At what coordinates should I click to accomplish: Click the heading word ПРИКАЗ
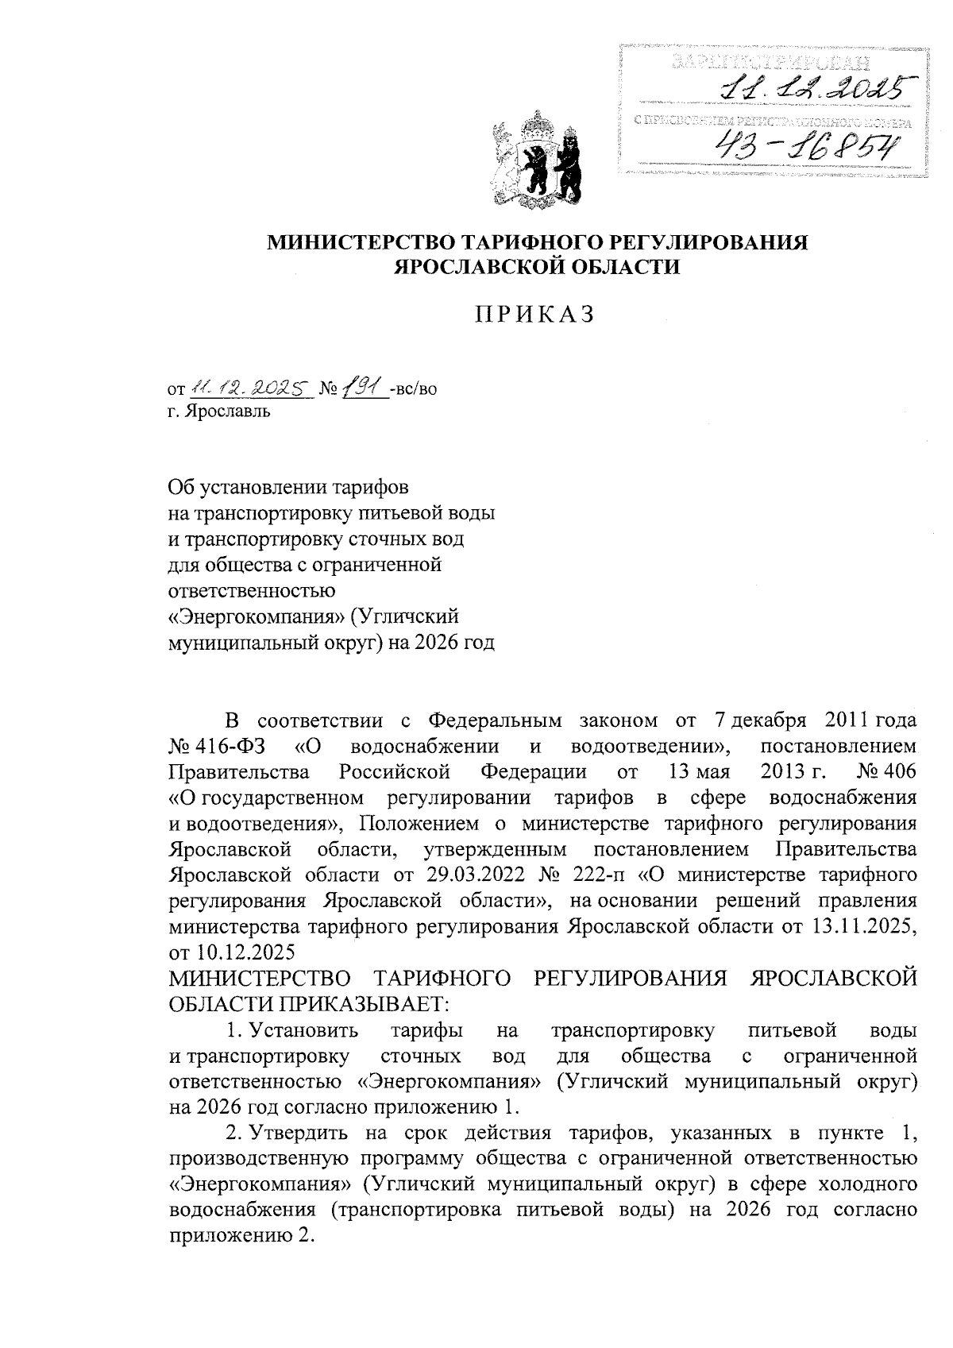(x=535, y=315)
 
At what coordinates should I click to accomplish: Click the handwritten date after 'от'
(x=248, y=389)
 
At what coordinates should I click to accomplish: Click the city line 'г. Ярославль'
(x=219, y=412)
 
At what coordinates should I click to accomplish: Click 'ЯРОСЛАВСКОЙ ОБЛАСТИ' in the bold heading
(x=538, y=268)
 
